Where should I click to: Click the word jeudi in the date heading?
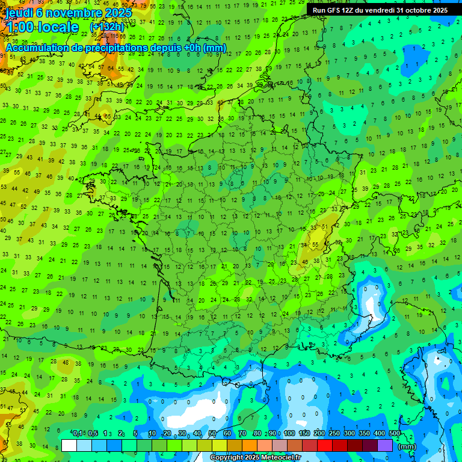19,13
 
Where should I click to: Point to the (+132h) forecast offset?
106,27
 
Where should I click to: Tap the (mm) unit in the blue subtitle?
215,48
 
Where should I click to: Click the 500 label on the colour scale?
395,433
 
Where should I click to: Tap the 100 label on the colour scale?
289,433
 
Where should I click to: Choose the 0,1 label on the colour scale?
77,433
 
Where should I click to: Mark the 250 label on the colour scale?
334,433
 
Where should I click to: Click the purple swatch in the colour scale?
385,445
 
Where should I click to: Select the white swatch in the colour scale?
69,445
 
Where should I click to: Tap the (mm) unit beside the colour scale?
407,446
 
